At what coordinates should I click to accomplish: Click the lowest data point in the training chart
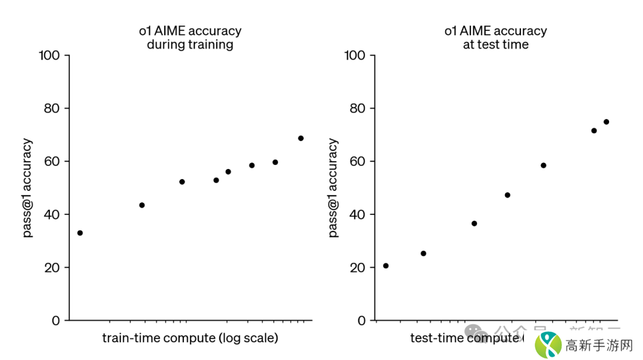coord(80,233)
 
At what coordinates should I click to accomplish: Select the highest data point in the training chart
coord(301,138)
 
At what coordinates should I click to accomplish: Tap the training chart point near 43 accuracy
coord(142,205)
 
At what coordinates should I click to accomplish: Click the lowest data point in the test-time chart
coord(386,265)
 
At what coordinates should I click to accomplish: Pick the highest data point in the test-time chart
coord(606,122)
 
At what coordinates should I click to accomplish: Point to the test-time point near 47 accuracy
coord(507,195)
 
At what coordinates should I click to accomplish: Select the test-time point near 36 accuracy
coord(474,223)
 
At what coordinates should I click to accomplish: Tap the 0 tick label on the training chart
coord(55,321)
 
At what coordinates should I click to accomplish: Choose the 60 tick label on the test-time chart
coord(357,162)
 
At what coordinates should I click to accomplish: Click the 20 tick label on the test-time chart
coord(357,268)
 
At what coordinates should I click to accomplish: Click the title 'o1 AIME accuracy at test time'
coord(495,37)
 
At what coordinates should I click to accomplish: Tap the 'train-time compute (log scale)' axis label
coord(190,338)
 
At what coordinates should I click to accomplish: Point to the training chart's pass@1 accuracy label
coord(28,188)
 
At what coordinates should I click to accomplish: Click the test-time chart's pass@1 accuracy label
coord(333,188)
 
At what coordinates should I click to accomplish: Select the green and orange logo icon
coord(548,345)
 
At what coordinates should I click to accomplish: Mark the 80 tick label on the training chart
coord(52,109)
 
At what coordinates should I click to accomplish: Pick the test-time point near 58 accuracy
coord(543,165)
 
